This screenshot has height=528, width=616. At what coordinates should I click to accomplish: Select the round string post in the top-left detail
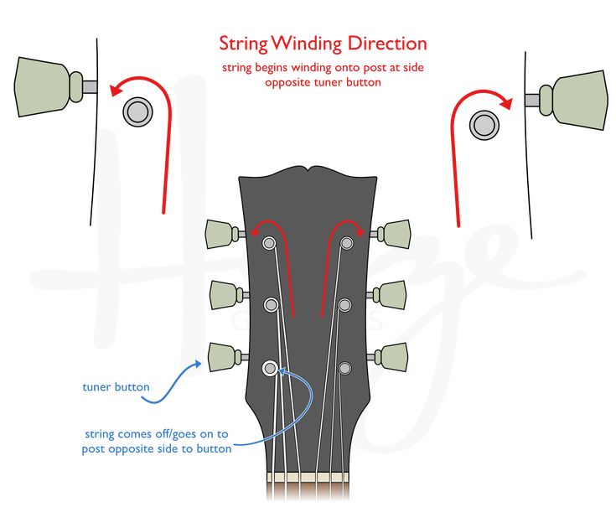click(136, 111)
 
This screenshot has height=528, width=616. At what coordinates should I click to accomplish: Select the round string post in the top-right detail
click(484, 125)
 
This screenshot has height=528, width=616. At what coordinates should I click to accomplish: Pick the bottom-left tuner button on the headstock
click(219, 355)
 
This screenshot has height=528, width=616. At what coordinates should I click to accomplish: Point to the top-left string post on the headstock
click(270, 243)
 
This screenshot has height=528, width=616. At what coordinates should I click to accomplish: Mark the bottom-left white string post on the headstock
click(270, 367)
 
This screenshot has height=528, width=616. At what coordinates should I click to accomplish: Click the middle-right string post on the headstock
click(344, 305)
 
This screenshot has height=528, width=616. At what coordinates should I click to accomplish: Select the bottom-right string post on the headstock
click(344, 367)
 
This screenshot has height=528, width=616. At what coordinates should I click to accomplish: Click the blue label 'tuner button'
click(116, 387)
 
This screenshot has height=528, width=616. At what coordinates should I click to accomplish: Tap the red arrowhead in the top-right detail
click(505, 102)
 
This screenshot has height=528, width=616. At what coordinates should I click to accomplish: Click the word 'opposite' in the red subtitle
click(287, 82)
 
